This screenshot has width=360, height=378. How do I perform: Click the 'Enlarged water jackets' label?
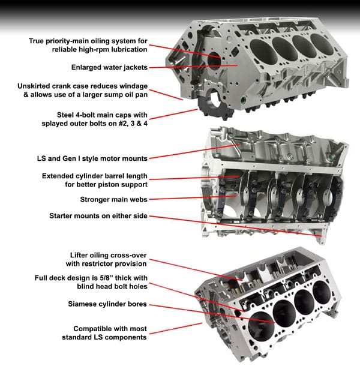(x=109, y=67)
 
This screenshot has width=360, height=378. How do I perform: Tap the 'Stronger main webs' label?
(x=113, y=199)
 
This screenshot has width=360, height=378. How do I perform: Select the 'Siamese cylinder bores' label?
(x=107, y=304)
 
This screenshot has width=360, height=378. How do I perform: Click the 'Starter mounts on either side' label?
(x=98, y=215)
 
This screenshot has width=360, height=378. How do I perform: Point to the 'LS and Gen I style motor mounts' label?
(x=92, y=158)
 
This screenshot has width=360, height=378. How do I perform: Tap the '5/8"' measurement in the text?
(x=106, y=278)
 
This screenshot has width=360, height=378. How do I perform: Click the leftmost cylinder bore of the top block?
(x=263, y=52)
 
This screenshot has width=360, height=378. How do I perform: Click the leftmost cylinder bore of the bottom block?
(x=262, y=326)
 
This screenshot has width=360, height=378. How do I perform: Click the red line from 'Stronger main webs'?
(x=193, y=197)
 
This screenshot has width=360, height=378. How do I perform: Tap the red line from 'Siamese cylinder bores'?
(x=212, y=314)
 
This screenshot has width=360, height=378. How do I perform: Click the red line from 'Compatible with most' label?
(x=176, y=329)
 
